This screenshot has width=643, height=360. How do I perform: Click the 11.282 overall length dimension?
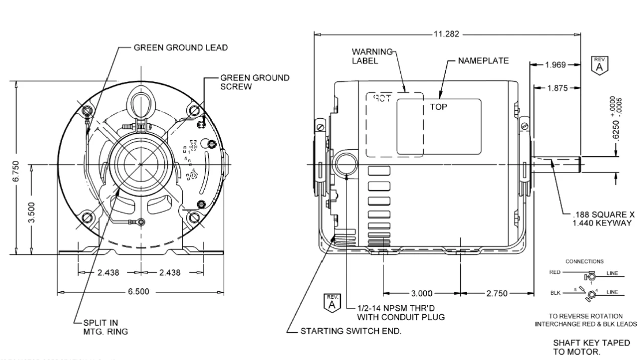(446, 34)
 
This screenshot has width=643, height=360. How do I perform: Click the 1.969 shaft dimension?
(555, 64)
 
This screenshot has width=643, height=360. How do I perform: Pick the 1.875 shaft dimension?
(557, 88)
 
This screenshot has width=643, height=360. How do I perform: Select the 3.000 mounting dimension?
(421, 293)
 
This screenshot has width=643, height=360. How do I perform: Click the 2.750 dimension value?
(497, 293)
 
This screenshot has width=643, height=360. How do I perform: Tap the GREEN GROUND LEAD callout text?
(180, 48)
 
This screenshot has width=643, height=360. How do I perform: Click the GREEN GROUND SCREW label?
(255, 82)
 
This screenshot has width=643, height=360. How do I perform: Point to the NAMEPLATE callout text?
(483, 61)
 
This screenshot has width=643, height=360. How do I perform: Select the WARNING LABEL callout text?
(371, 56)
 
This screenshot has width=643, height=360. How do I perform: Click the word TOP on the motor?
(438, 107)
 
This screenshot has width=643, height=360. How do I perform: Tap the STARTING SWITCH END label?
(351, 331)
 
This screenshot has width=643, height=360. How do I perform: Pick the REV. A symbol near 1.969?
(599, 65)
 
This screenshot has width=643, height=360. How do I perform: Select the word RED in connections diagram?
(554, 273)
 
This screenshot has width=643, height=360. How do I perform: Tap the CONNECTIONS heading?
(584, 261)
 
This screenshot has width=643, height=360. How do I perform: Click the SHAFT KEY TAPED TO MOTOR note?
(591, 347)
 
